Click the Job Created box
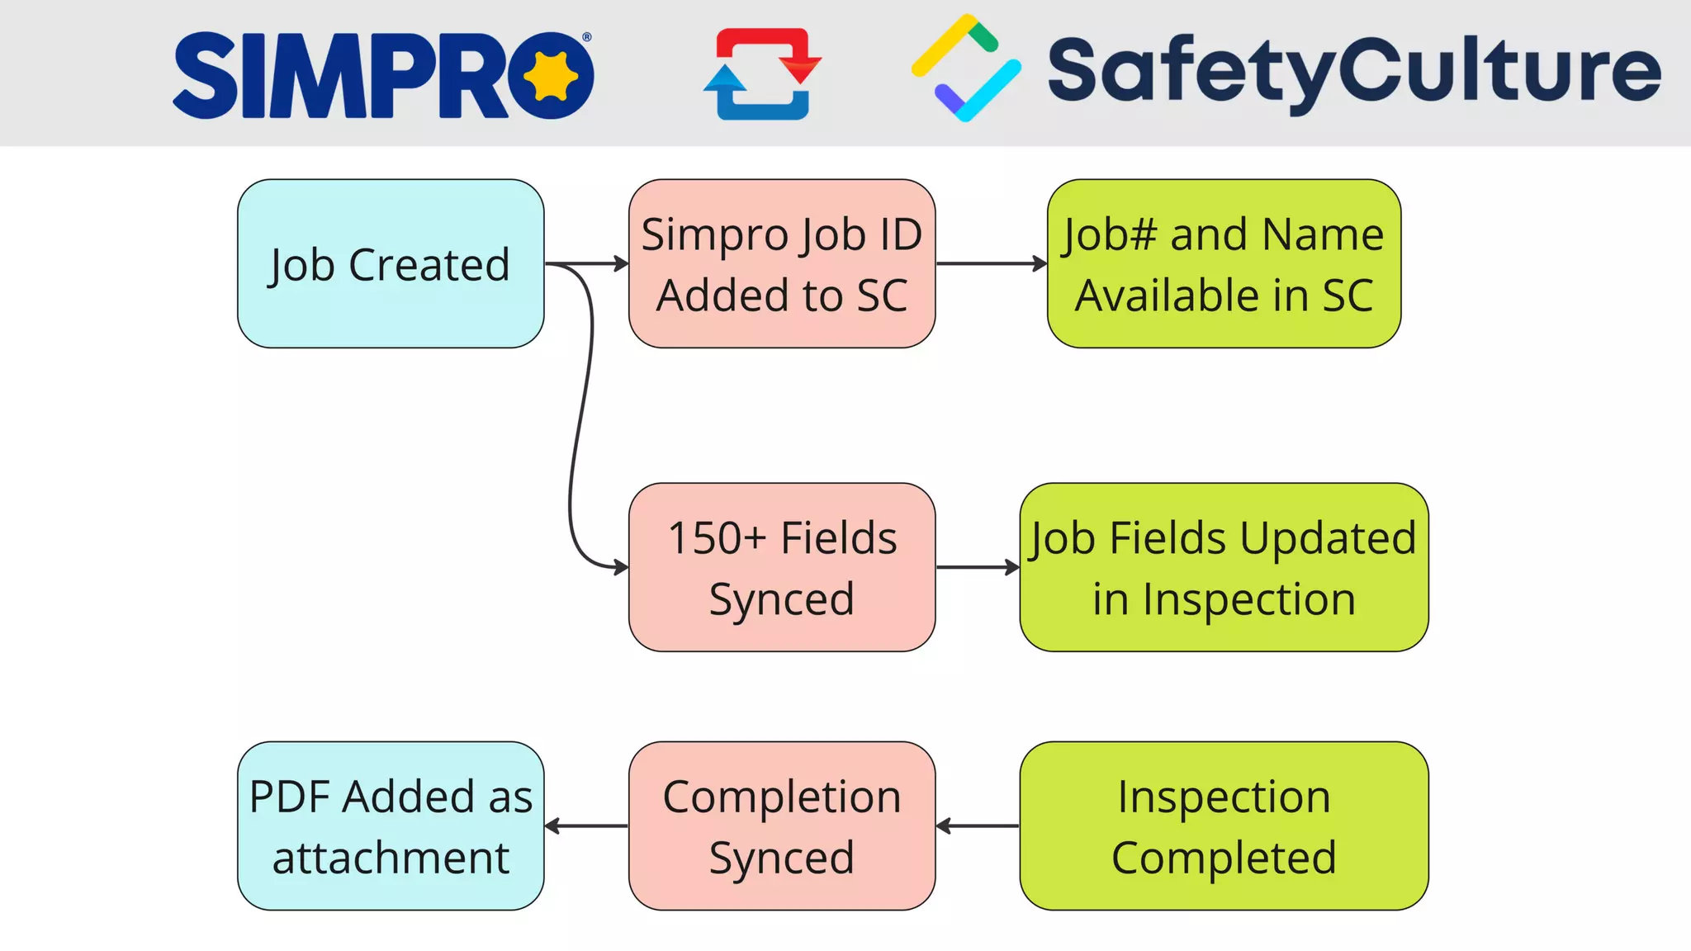tap(391, 264)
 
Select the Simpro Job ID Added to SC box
tap(781, 264)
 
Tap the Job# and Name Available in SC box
tap(1224, 264)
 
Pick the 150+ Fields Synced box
tap(781, 568)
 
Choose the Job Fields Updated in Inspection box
tap(1224, 568)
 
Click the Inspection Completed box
tap(1224, 826)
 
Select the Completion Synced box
tap(781, 826)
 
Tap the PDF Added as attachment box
tap(391, 826)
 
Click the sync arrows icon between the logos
tap(762, 73)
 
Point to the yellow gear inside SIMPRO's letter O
tap(550, 75)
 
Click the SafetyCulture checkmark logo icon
tap(965, 69)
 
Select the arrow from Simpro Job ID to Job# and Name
tap(991, 264)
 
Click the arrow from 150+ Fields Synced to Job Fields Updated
tap(978, 567)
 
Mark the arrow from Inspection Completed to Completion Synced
tap(978, 826)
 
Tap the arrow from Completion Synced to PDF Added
tap(586, 826)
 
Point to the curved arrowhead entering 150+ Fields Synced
tap(620, 567)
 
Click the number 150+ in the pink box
tap(716, 538)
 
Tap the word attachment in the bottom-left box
tap(391, 858)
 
